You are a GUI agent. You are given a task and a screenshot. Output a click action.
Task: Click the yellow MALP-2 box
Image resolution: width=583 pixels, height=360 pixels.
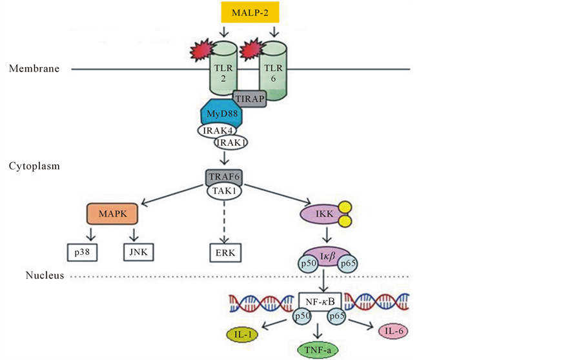coord(249,12)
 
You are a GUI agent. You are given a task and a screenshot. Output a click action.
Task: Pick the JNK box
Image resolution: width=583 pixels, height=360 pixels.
coord(138,252)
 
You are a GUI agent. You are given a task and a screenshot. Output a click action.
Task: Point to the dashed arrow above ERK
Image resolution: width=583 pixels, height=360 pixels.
coord(224,219)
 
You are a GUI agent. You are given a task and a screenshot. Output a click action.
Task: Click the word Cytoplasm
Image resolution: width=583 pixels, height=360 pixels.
coord(34,166)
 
